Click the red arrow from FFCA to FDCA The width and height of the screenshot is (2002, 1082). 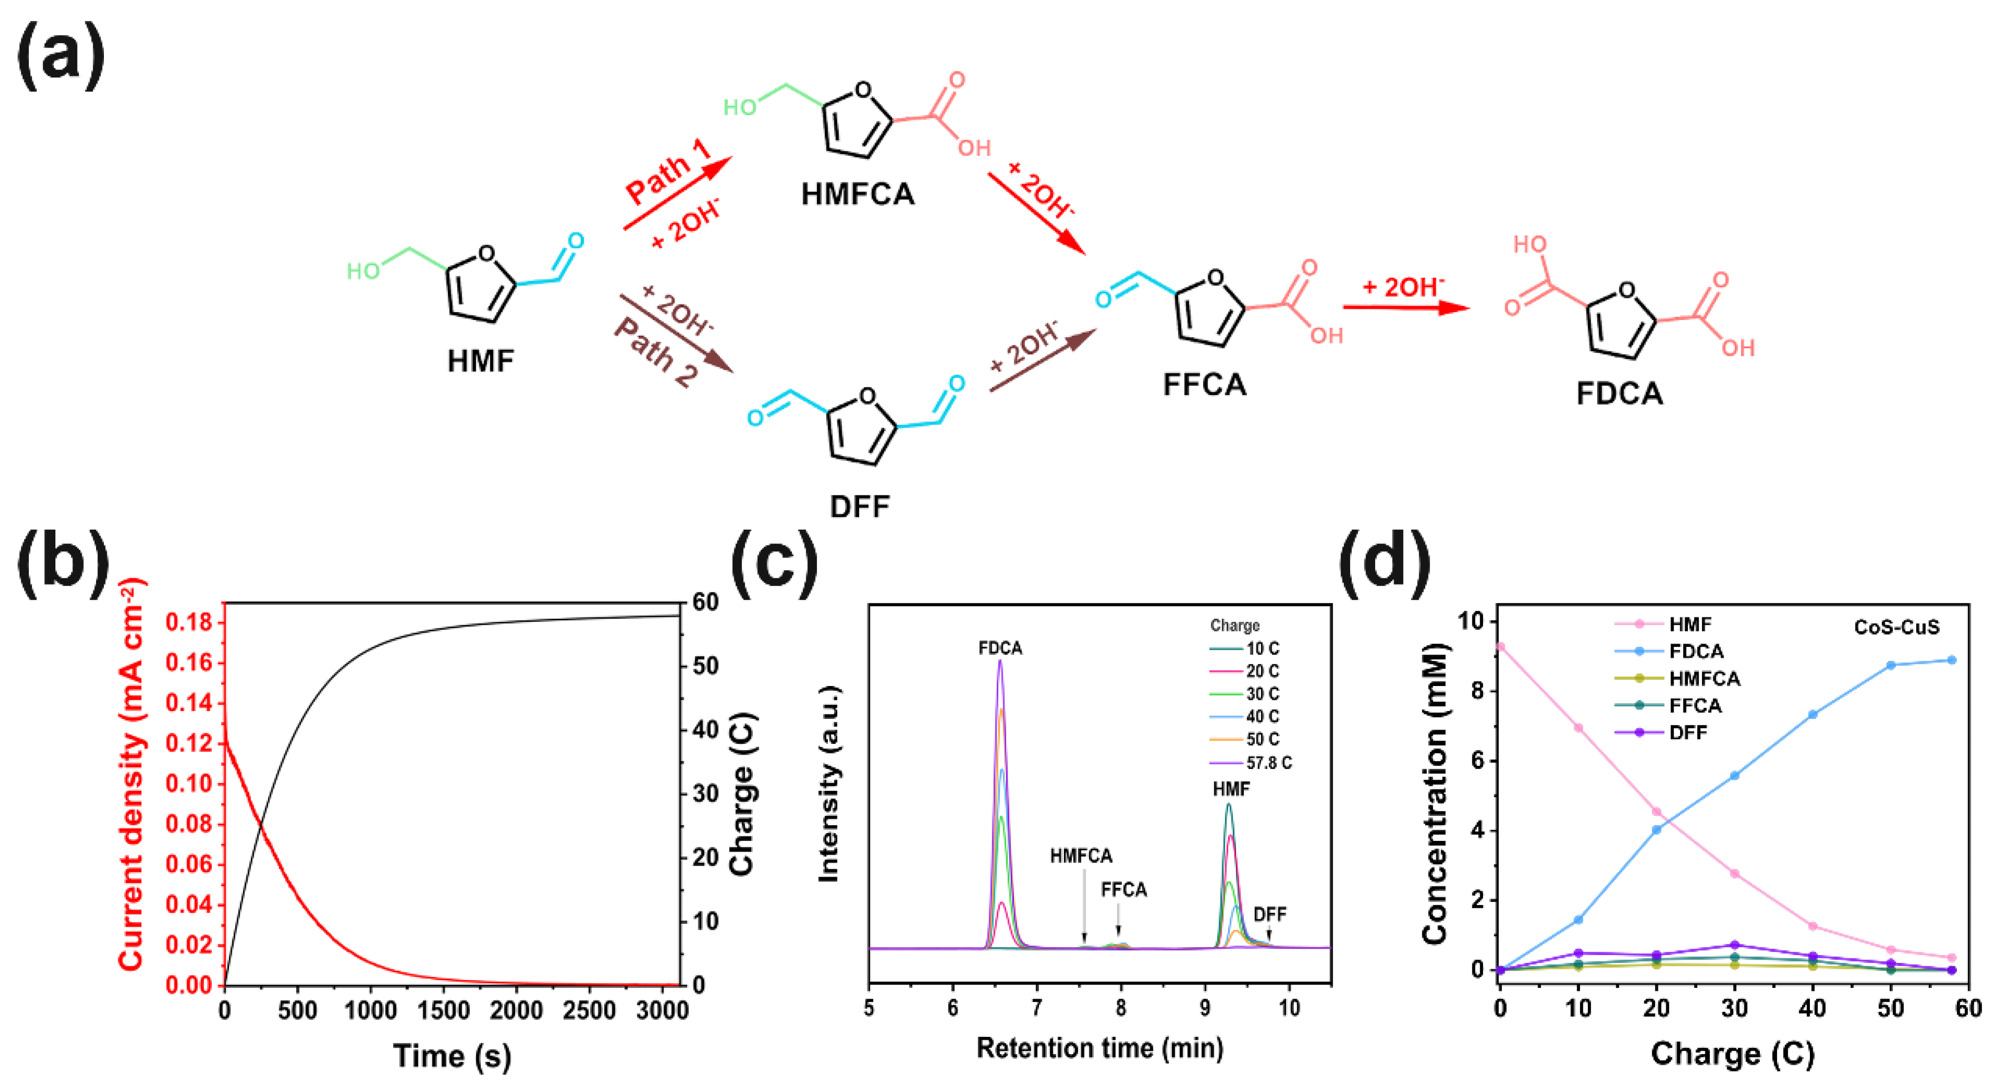pyautogui.click(x=1406, y=308)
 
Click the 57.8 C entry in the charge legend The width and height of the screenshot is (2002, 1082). pyautogui.click(x=1268, y=762)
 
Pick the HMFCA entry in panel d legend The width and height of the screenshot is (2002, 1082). pyautogui.click(x=1704, y=679)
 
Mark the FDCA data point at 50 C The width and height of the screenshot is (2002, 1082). pyautogui.click(x=1890, y=665)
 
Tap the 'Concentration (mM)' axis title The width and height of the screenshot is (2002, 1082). pyautogui.click(x=1434, y=793)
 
